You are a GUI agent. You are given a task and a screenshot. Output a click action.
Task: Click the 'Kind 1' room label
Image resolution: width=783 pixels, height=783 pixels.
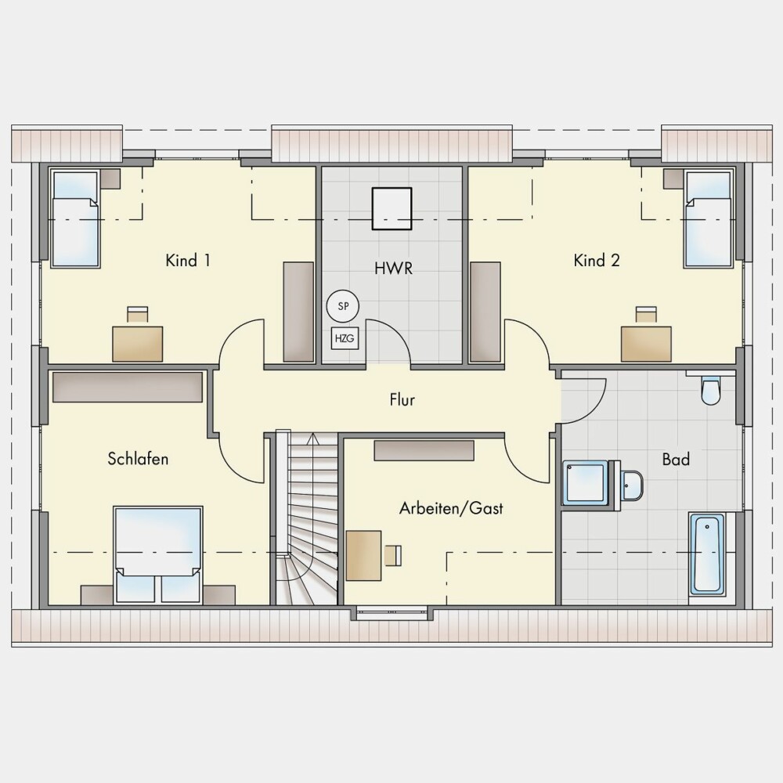click(x=188, y=260)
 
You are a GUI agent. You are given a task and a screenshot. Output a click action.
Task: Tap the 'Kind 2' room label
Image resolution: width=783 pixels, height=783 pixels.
click(x=596, y=260)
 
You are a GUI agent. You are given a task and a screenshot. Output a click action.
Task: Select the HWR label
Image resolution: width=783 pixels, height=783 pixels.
click(x=394, y=268)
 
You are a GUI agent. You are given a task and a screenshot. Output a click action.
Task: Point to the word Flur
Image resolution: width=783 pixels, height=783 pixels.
click(x=402, y=399)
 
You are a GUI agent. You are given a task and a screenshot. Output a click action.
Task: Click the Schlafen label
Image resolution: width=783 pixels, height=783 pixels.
click(x=138, y=458)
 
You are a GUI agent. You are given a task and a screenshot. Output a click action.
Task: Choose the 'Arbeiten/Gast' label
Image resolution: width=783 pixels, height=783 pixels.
click(x=451, y=508)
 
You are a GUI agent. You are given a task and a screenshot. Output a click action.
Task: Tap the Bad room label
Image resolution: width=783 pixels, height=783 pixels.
click(x=676, y=459)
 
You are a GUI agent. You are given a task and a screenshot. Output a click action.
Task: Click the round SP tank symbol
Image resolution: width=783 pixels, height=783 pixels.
click(x=343, y=306)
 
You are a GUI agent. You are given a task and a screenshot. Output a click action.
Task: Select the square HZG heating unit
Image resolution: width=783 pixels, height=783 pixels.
click(x=345, y=338)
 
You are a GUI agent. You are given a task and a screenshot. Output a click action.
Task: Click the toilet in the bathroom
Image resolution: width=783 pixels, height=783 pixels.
click(x=710, y=390)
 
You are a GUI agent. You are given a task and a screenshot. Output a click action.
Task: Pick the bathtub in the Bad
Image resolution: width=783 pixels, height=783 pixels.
click(x=707, y=554)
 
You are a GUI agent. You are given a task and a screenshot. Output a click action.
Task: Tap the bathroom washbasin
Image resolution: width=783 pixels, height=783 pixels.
click(x=632, y=485)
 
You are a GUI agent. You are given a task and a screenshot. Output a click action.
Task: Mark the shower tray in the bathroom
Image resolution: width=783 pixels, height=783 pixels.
click(x=585, y=483)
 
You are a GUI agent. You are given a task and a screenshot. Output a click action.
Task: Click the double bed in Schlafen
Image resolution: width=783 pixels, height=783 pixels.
click(x=158, y=555)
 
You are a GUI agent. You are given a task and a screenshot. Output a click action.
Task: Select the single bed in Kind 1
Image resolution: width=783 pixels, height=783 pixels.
click(x=75, y=219)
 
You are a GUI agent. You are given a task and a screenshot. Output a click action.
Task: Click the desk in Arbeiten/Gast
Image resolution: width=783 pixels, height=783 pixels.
click(x=363, y=555)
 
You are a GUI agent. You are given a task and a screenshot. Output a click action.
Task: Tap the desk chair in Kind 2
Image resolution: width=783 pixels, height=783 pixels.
click(x=646, y=315)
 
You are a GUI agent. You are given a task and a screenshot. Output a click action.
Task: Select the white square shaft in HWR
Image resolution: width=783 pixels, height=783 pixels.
click(x=392, y=208)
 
